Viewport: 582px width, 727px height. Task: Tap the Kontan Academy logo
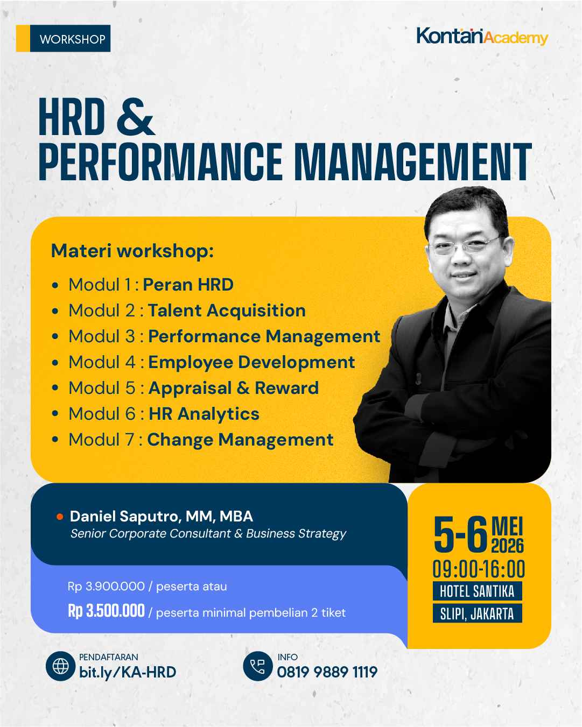point(482,37)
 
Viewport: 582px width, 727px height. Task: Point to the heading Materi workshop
point(132,251)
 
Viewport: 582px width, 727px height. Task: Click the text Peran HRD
point(188,284)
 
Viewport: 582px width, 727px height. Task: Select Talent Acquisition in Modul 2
point(227,310)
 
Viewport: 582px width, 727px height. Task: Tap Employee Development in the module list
point(251,362)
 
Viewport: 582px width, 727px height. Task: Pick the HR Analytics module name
point(204,414)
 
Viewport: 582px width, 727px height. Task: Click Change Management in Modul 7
point(240,440)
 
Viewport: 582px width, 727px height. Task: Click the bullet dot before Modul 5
point(55,389)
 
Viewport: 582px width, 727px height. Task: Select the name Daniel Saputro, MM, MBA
point(162,517)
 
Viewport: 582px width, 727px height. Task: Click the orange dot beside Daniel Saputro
point(60,517)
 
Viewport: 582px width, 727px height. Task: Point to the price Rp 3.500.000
point(106,611)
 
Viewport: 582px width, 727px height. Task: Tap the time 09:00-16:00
point(479,569)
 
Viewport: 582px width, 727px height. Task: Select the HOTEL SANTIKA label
point(477,591)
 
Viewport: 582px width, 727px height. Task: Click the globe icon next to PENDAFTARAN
point(60,666)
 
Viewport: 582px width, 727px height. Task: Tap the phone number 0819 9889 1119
point(327,672)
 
